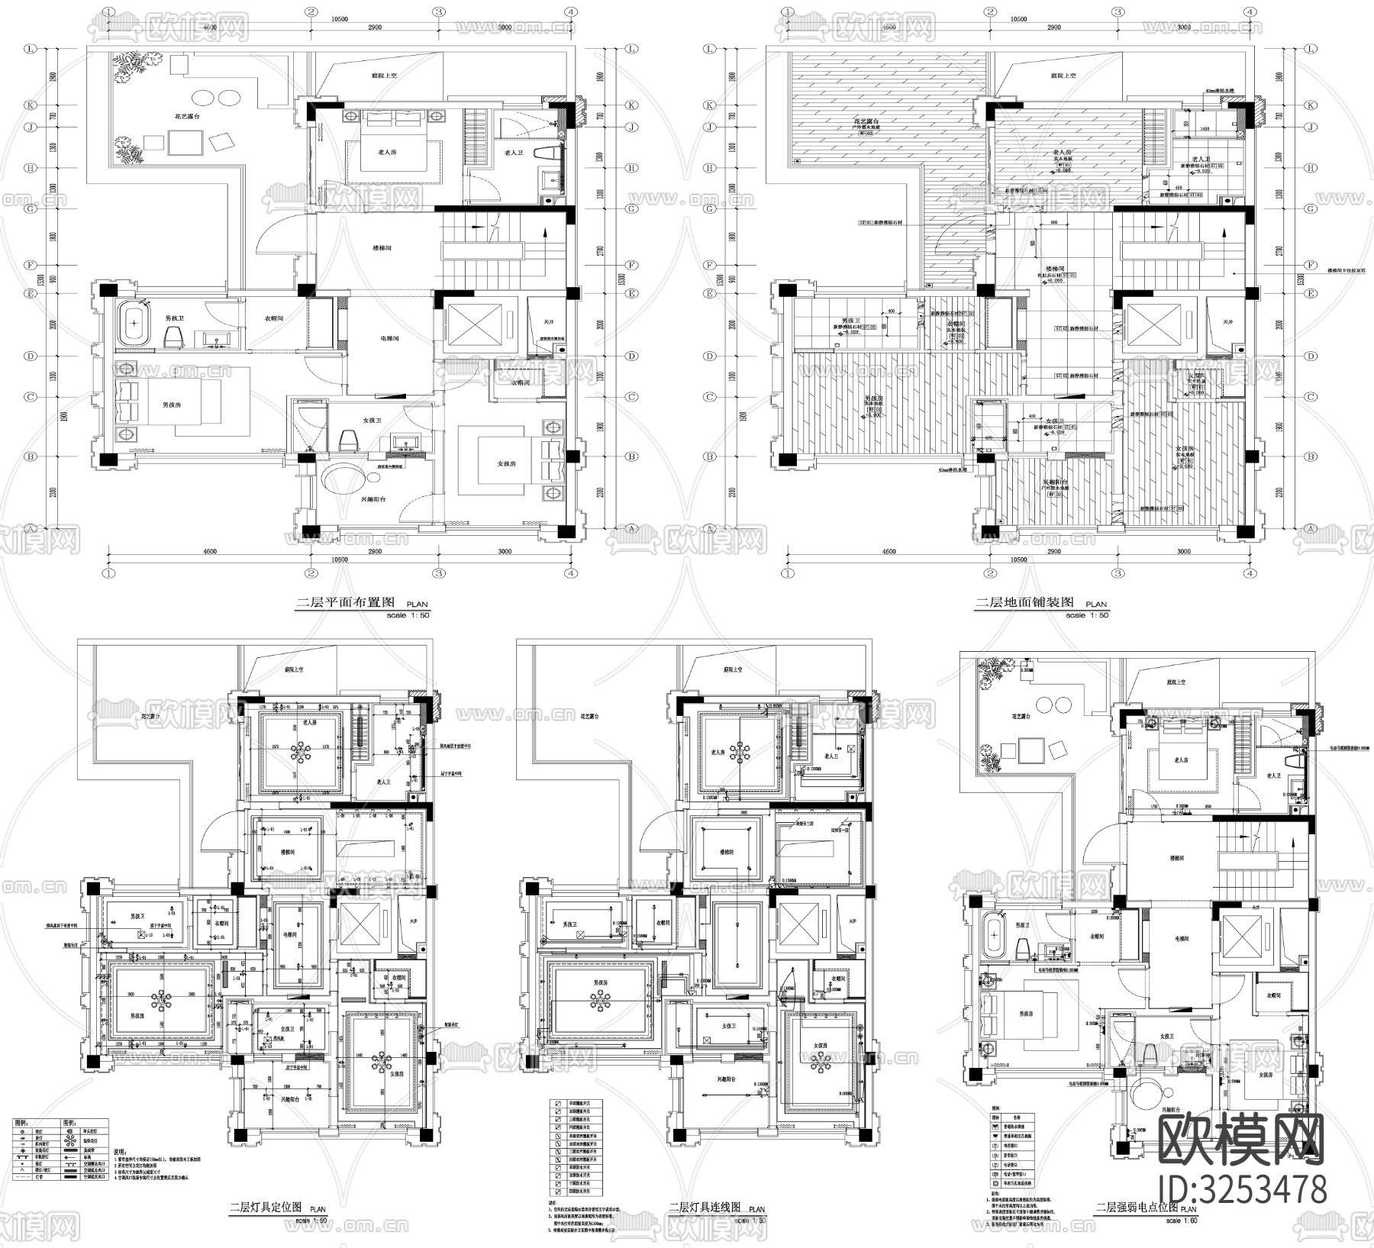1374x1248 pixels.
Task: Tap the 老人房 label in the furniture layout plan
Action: pyautogui.click(x=387, y=153)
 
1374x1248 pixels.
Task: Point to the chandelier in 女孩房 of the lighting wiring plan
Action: pyautogui.click(x=821, y=1062)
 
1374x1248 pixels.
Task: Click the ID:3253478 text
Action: pyautogui.click(x=1242, y=1190)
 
